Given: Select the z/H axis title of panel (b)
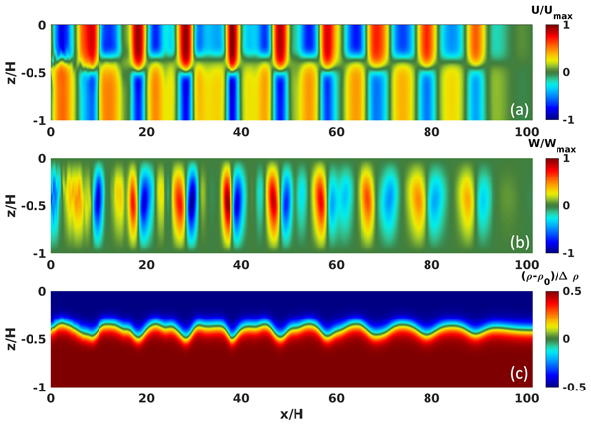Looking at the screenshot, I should coord(10,205).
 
